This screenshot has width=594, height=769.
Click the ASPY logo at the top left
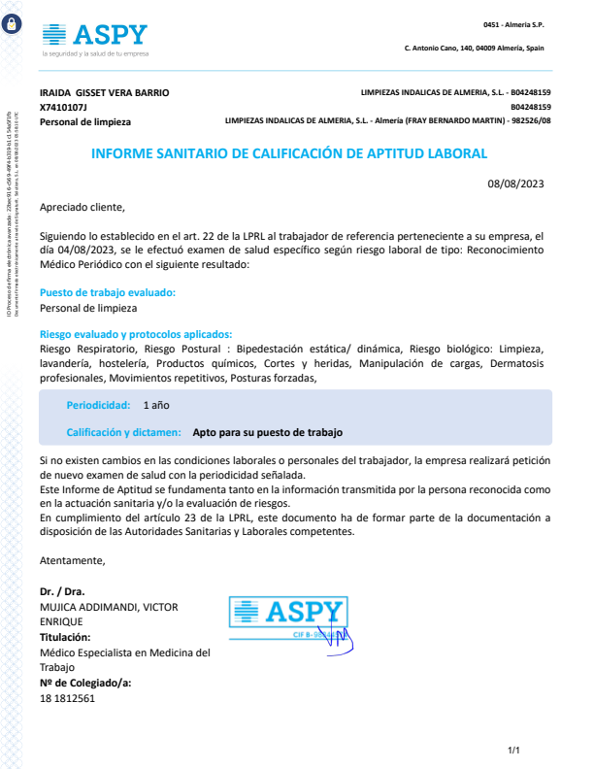(95, 37)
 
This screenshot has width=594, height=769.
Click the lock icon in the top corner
(12, 26)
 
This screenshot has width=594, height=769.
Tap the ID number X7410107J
(63, 107)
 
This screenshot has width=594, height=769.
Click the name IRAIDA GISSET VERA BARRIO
(104, 92)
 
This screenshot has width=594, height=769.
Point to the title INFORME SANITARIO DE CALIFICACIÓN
(288, 153)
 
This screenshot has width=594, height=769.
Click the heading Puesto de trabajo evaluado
(108, 292)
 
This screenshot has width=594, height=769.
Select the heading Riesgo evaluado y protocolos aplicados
(136, 333)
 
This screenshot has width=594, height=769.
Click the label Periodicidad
(98, 404)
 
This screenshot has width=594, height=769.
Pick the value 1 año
(156, 404)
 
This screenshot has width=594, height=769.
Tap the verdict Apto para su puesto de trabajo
(268, 433)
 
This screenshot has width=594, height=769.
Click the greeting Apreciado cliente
(82, 207)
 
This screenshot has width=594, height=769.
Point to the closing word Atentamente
(72, 560)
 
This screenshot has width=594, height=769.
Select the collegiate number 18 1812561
(67, 698)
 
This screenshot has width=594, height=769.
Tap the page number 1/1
(514, 750)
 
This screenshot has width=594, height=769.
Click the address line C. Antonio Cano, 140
(474, 48)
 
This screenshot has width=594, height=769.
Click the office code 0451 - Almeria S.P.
(513, 23)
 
